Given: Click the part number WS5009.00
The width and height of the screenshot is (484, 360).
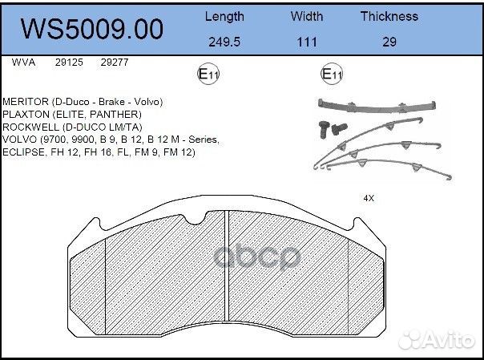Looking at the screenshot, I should (x=91, y=30).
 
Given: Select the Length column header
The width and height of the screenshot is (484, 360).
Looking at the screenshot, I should (x=224, y=16).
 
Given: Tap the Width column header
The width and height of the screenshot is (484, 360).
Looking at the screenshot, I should (x=307, y=16).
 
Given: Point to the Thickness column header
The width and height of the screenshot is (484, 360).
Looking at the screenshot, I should (x=389, y=16).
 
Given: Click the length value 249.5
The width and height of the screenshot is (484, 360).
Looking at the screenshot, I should (x=224, y=42).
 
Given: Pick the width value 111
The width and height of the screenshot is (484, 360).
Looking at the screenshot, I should (x=307, y=42).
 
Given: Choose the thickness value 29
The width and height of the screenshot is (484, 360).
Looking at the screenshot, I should (x=389, y=42).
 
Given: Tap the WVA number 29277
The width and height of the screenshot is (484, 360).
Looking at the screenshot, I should (x=114, y=62).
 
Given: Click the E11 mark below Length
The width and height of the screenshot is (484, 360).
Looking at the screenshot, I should (x=208, y=75).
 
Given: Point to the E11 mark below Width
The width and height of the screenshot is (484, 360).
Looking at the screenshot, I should (x=332, y=75).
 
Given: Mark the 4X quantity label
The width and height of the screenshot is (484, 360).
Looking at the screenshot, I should (x=369, y=196).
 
